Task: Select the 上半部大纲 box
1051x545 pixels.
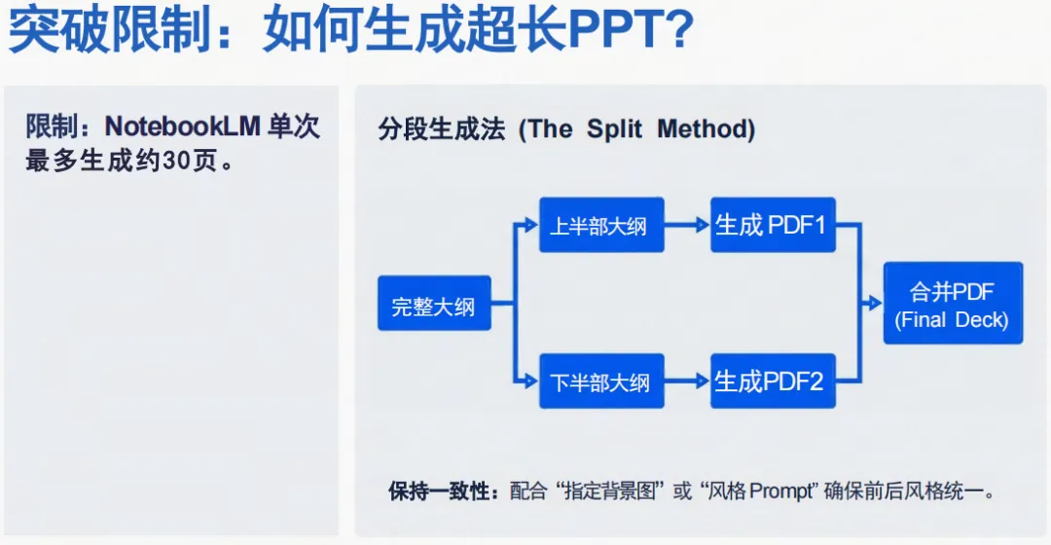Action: pos(598,226)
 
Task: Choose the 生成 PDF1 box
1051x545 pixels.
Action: pos(773,225)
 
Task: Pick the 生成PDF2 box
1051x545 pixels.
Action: pos(773,381)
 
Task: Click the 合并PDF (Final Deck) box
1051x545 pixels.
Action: pos(953,303)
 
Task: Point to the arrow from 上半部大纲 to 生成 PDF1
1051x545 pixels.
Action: pos(687,226)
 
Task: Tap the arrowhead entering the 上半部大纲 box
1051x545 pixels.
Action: pos(531,226)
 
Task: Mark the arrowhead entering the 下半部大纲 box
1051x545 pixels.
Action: pos(531,381)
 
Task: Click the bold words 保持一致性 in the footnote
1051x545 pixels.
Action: pos(443,490)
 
